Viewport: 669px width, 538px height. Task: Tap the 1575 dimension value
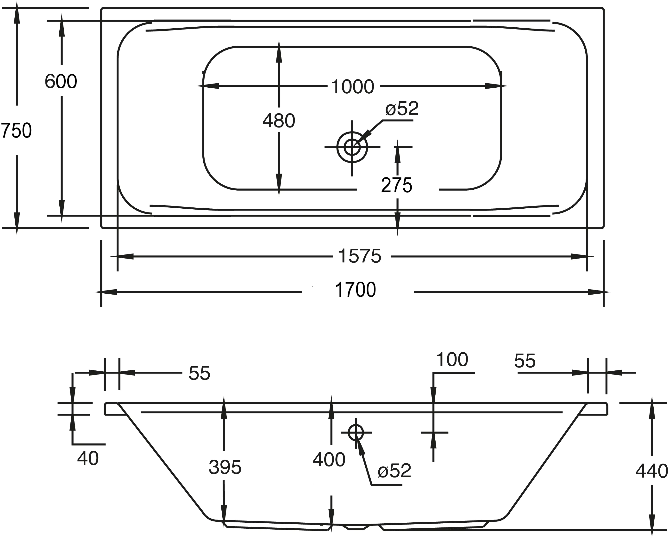click(360, 256)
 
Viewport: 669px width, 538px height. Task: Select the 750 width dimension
click(16, 130)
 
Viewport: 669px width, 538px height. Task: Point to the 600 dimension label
click(61, 82)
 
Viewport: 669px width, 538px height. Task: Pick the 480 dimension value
click(279, 121)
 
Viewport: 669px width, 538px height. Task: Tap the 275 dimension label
click(397, 185)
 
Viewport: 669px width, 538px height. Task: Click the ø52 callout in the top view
click(402, 109)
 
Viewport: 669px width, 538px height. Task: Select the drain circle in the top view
click(352, 147)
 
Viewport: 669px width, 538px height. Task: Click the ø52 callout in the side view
click(394, 471)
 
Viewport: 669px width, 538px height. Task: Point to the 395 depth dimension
click(225, 467)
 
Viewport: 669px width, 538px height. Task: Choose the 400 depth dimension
click(329, 459)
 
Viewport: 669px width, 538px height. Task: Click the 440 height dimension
click(651, 471)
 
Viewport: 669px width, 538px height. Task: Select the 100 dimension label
click(452, 359)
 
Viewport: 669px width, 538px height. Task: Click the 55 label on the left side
click(199, 373)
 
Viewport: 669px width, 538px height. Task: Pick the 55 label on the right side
click(525, 361)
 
